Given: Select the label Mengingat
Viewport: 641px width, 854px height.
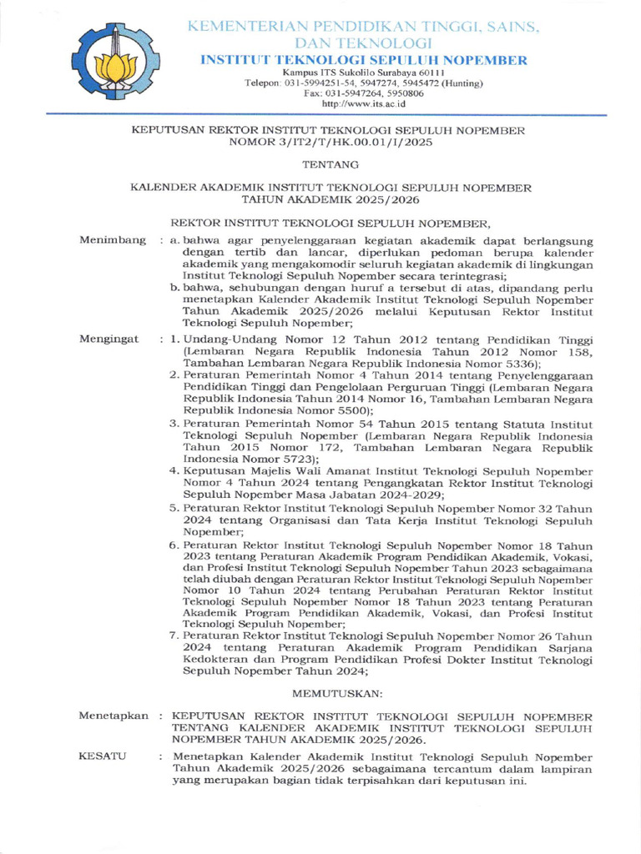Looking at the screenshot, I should click(109, 340).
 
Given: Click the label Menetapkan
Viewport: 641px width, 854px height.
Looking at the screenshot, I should click(114, 716).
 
